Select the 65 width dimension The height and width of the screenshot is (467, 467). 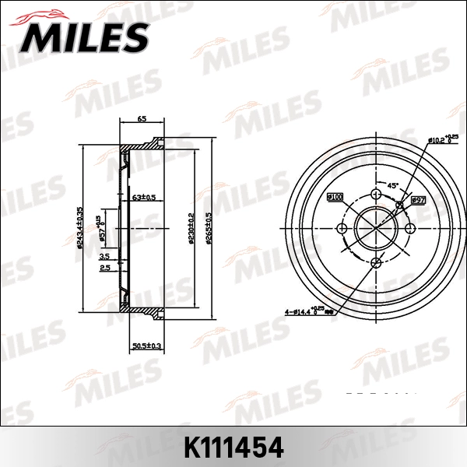point(142,119)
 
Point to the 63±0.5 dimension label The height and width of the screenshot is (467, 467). point(143,198)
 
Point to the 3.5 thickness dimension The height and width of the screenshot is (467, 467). point(104,255)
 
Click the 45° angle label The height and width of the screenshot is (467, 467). point(393,185)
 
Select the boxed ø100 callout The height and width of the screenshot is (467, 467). point(335,198)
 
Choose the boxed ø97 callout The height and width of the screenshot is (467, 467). point(417,200)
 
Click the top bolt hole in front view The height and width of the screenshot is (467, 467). point(377,195)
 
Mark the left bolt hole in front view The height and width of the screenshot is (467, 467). point(342,229)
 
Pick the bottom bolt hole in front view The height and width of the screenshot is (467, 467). point(377,262)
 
